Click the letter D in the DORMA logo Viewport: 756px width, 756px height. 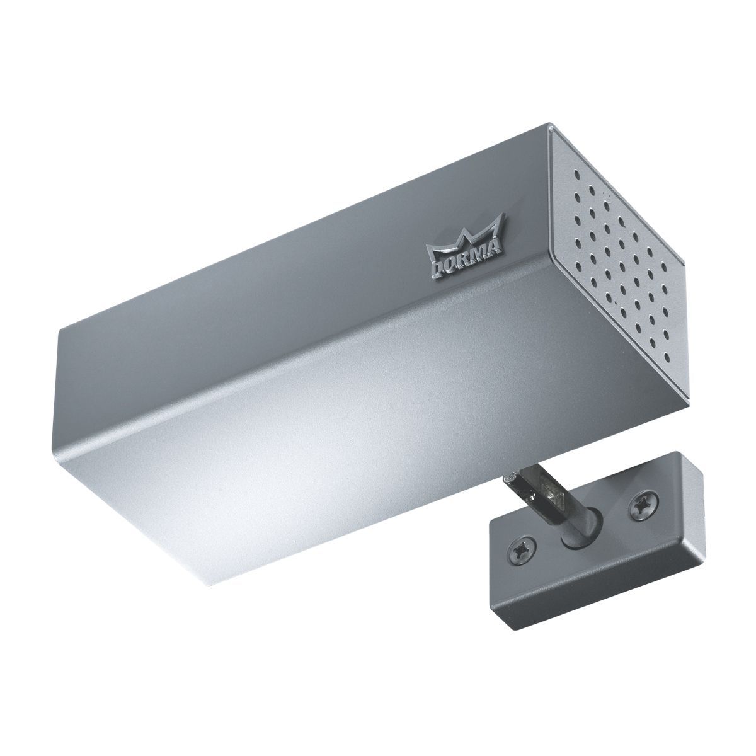click(x=435, y=269)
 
